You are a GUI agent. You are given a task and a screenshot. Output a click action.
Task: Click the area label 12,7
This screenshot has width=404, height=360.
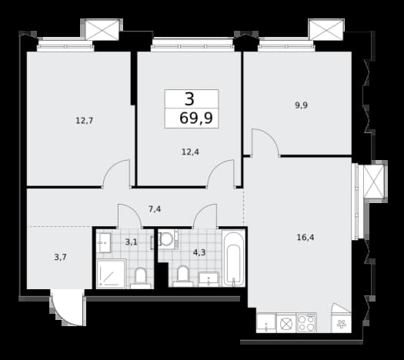pos(84,121)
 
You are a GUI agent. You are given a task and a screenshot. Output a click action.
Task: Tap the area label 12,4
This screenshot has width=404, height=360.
pos(190,152)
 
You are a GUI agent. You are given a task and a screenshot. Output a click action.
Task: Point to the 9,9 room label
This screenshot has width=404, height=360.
pos(301,105)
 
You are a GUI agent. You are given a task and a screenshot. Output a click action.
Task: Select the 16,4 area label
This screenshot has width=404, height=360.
pos(306,237)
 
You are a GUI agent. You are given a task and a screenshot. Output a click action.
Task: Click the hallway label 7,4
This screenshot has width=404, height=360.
pos(155,209)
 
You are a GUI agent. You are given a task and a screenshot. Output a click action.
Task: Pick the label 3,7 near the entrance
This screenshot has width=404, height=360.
pos(61,257)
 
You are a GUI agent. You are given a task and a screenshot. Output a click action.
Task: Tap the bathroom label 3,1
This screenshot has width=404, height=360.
pos(131,242)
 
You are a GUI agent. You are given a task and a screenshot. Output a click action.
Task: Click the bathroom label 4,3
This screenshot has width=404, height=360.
pos(199,252)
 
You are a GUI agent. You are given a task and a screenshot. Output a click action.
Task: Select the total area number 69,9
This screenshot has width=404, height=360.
pos(196,118)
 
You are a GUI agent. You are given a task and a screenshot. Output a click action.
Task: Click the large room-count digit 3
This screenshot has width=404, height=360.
pos(189,99)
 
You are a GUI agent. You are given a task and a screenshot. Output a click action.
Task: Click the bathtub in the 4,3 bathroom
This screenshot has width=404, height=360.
pos(233,258)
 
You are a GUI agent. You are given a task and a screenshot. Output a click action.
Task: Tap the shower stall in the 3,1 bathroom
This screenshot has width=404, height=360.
pos(111,274)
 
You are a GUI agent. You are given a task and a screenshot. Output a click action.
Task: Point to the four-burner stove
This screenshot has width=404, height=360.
pos(306,323)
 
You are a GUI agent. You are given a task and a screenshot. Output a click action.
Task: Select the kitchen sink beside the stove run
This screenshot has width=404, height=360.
pos(266,323)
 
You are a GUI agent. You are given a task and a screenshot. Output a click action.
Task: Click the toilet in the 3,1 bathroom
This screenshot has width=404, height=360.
pos(140,278)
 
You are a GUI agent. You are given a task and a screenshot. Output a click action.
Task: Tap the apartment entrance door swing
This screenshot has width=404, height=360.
pos(68,308)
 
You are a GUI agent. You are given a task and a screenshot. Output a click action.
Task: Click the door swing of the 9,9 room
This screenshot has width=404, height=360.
pos(266,142)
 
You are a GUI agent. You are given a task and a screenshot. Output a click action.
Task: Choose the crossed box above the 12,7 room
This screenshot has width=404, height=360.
pos(102,29)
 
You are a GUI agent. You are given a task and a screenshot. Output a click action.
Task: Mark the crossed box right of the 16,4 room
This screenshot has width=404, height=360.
pos(373,182)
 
